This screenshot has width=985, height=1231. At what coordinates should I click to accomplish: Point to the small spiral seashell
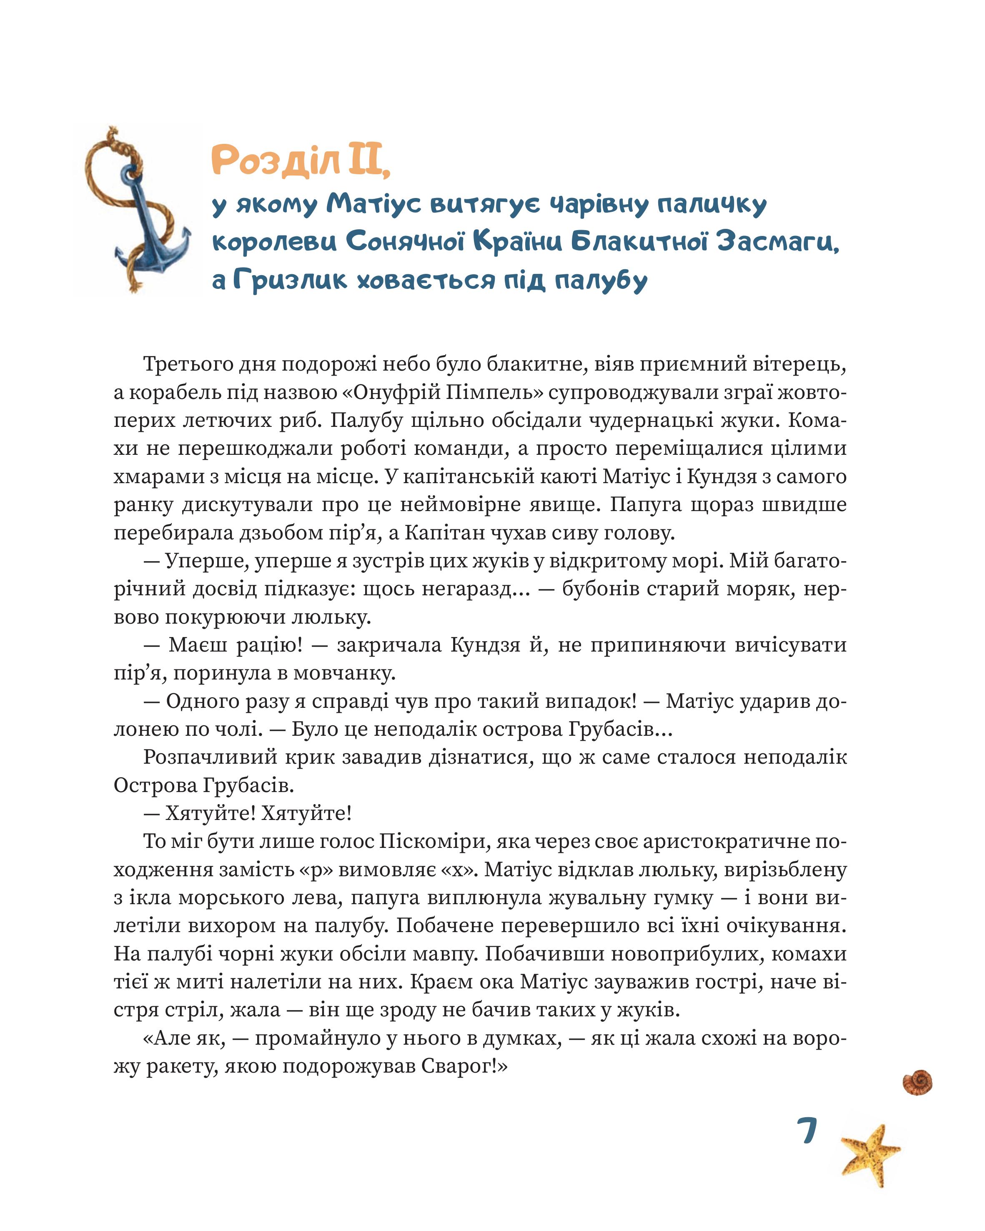point(917,1081)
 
